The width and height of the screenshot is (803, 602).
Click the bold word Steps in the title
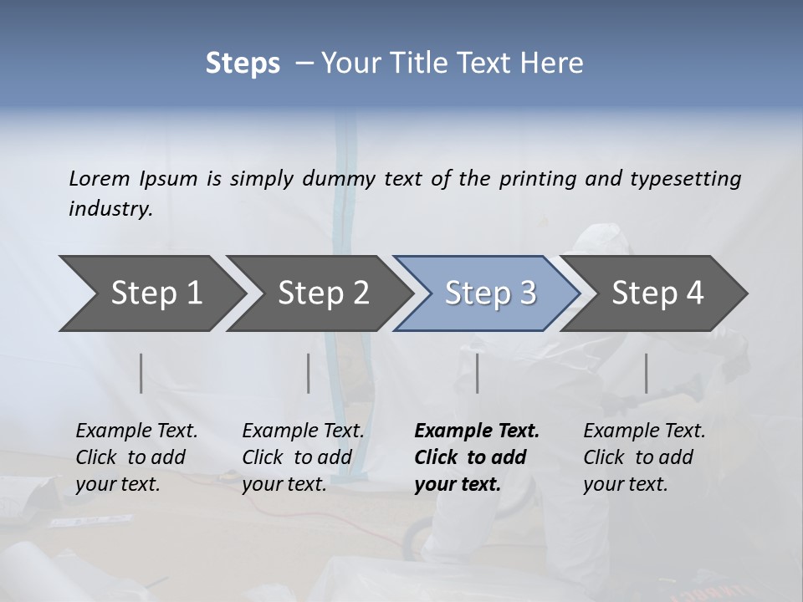tap(243, 64)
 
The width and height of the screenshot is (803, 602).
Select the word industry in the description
tap(110, 209)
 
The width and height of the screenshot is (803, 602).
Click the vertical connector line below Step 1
tap(141, 373)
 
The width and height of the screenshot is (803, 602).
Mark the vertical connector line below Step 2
tap(309, 373)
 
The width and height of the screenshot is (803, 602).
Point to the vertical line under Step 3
tap(477, 373)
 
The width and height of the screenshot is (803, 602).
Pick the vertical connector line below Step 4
tap(646, 373)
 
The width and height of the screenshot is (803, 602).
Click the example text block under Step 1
tap(136, 457)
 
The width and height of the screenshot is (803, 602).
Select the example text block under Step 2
tap(303, 457)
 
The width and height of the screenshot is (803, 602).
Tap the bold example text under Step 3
tap(477, 457)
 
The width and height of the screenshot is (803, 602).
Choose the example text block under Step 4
tap(644, 457)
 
